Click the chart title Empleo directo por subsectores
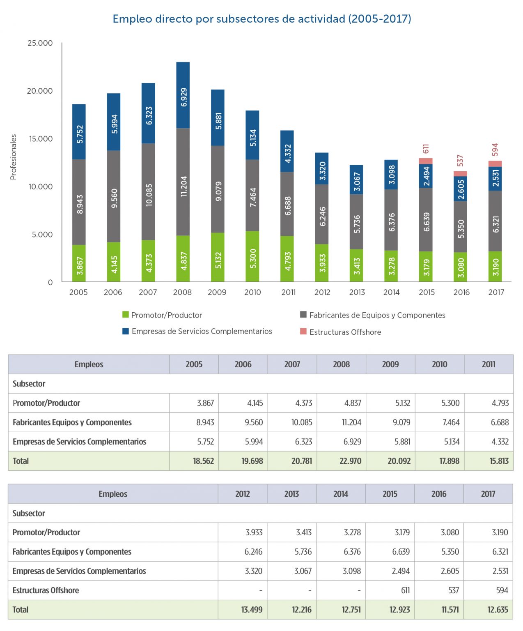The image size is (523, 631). click(x=261, y=19)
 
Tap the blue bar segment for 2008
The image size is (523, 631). click(x=183, y=95)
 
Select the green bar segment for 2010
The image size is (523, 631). click(x=252, y=257)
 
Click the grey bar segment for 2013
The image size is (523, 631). click(x=357, y=222)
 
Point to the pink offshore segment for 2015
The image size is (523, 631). click(x=426, y=161)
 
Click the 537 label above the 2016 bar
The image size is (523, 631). click(x=460, y=160)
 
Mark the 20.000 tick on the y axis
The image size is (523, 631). click(x=40, y=91)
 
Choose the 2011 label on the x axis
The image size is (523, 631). click(x=288, y=292)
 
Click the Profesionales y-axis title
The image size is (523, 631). click(x=14, y=157)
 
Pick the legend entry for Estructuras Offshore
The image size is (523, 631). click(x=345, y=332)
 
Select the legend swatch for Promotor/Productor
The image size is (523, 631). click(x=126, y=315)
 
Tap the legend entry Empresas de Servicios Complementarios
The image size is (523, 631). click(x=202, y=331)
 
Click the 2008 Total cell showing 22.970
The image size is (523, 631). click(x=350, y=461)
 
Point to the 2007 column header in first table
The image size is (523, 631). click(x=292, y=364)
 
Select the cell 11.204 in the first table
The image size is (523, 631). click(x=351, y=422)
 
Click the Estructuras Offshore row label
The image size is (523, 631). click(x=46, y=590)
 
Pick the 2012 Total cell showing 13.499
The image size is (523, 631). click(x=252, y=610)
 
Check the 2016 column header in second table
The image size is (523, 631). click(x=439, y=494)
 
